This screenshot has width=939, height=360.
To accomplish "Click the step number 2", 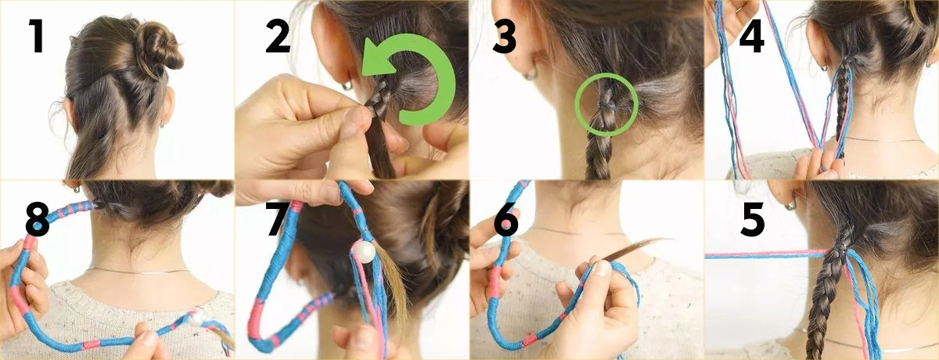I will (x=277, y=38).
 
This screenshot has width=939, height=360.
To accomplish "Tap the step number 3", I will (x=504, y=38).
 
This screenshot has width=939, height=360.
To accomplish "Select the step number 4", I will (x=751, y=38).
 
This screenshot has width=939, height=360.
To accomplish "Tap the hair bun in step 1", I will (x=156, y=49).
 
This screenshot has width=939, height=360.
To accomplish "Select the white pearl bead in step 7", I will (x=362, y=251).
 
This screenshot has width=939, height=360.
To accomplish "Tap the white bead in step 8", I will (x=193, y=319).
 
